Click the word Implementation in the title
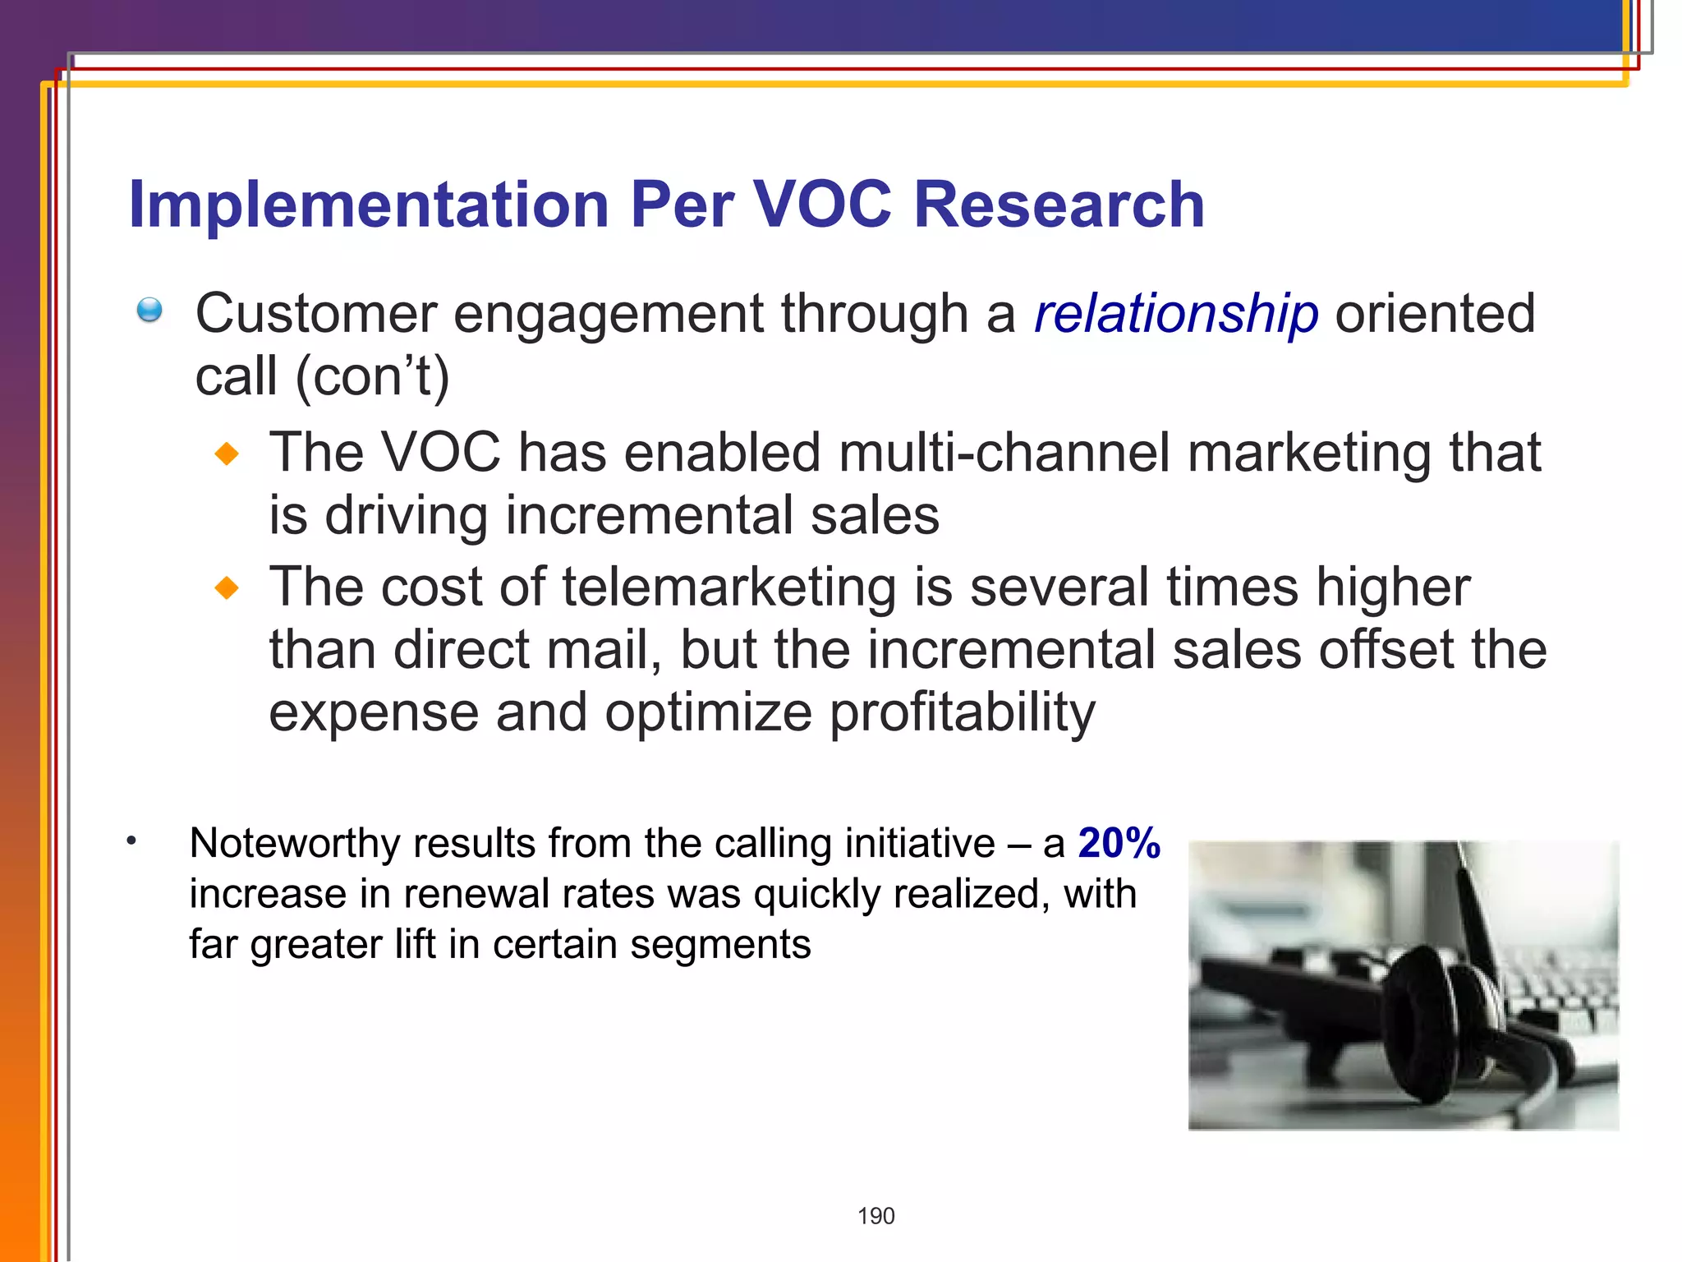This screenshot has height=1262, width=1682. click(x=369, y=205)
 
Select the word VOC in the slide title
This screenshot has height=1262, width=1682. click(x=822, y=205)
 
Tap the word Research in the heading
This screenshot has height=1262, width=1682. click(x=1059, y=205)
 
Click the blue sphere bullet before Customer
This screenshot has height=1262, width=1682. click(x=149, y=311)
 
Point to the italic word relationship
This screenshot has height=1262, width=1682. click(x=1176, y=314)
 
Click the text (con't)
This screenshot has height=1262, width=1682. click(x=372, y=377)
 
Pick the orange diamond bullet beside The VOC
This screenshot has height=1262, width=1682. click(x=227, y=454)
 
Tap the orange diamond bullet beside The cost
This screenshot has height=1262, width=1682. click(x=227, y=588)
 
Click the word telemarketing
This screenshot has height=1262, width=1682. click(x=728, y=588)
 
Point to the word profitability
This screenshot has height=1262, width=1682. click(x=962, y=712)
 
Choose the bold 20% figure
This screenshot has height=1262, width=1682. click(x=1119, y=843)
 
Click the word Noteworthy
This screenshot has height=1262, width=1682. click(x=295, y=844)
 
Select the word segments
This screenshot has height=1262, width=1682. click(x=720, y=945)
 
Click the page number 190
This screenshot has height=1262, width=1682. click(x=875, y=1216)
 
